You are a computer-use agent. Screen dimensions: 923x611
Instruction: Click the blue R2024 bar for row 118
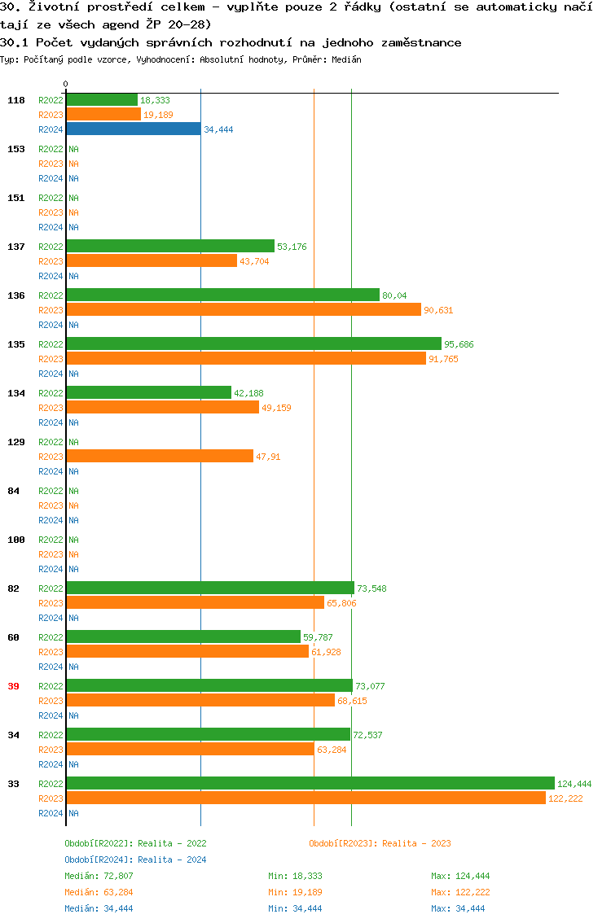133,129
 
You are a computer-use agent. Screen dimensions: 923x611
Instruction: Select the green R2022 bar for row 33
310,783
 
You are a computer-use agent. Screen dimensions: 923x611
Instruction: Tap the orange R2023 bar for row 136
243,309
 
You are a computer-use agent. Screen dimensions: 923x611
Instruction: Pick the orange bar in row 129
160,456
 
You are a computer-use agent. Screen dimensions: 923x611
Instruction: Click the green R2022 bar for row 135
253,343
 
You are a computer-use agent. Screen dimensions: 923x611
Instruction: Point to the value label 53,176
292,247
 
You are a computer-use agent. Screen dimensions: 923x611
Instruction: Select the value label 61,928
326,652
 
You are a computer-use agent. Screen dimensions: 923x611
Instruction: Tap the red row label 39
14,686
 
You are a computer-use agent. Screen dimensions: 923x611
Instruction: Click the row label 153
16,149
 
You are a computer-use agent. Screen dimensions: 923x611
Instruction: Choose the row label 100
16,540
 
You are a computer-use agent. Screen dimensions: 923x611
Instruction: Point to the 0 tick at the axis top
66,84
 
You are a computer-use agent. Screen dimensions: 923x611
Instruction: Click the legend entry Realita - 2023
380,843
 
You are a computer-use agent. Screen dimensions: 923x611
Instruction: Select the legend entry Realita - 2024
135,860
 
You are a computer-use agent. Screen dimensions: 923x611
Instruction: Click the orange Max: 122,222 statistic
460,892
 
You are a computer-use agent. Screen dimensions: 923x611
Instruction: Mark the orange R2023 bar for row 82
195,602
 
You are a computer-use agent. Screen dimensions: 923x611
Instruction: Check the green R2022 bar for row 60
183,636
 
